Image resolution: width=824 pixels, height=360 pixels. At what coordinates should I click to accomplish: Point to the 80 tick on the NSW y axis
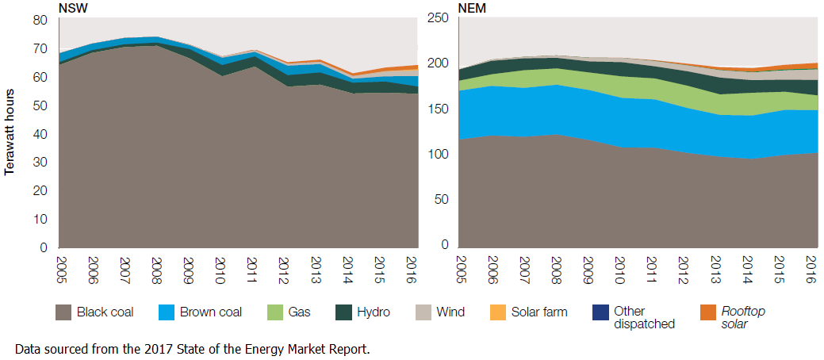[40, 20]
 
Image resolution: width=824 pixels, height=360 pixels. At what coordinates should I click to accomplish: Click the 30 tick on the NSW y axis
[40, 162]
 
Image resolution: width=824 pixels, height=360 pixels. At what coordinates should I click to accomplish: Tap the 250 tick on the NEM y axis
[438, 18]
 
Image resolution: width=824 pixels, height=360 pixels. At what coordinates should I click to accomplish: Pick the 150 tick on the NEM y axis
[438, 109]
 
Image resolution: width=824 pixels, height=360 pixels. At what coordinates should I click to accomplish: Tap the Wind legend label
[450, 312]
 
